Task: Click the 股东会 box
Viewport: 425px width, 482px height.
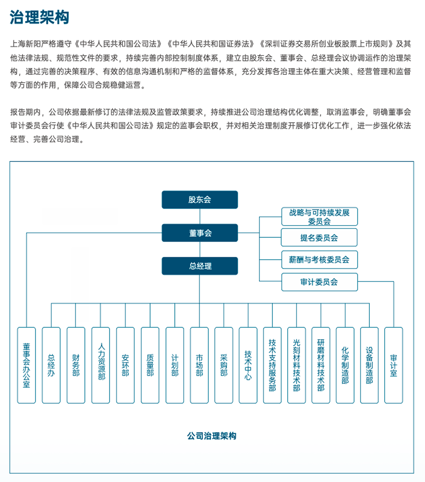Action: click(200, 200)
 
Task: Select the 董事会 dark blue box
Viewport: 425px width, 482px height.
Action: click(200, 233)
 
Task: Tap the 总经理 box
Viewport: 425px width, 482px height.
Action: click(200, 266)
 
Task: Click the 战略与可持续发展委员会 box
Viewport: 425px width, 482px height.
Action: click(319, 217)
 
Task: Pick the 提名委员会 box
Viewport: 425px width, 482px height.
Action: click(319, 237)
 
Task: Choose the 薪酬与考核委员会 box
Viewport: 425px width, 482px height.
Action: click(319, 260)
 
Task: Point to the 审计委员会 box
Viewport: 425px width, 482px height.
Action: click(319, 282)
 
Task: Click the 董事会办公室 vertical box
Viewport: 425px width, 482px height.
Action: click(27, 365)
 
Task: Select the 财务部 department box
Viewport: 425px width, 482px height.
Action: click(76, 365)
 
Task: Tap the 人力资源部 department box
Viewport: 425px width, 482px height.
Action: click(101, 365)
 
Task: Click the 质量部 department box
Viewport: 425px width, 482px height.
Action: click(150, 365)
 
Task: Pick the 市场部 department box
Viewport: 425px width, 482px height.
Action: click(199, 365)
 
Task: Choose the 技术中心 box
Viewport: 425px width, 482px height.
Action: click(248, 365)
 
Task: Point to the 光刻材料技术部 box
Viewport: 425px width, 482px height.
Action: click(296, 365)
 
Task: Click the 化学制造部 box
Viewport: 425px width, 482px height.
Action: click(345, 365)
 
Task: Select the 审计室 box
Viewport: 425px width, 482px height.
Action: click(393, 365)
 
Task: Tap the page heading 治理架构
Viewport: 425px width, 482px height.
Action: click(39, 17)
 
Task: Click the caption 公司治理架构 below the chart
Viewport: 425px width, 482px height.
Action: click(211, 436)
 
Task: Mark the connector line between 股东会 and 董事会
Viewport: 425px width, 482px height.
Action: click(200, 216)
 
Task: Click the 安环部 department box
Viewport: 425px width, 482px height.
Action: click(125, 365)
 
